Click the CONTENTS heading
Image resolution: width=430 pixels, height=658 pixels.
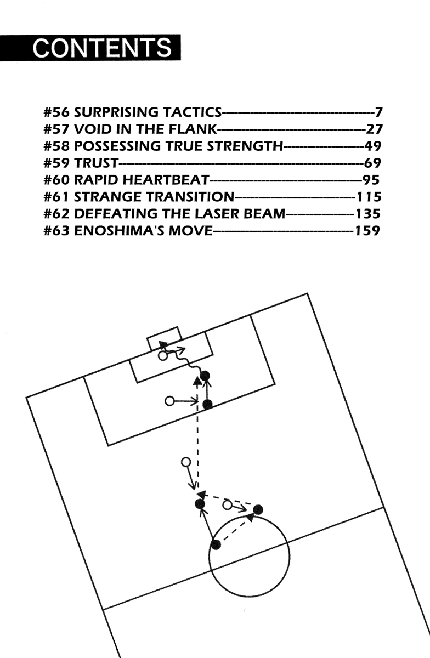pyautogui.click(x=102, y=48)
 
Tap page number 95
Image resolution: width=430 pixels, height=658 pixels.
pyautogui.click(x=371, y=180)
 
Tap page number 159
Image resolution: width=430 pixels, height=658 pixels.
pyautogui.click(x=366, y=230)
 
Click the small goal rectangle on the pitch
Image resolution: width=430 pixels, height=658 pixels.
pyautogui.click(x=164, y=338)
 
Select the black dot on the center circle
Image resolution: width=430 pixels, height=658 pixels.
pyautogui.click(x=216, y=544)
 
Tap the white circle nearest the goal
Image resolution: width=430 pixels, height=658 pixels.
pyautogui.click(x=162, y=356)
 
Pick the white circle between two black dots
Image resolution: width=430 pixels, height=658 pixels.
pyautogui.click(x=227, y=505)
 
